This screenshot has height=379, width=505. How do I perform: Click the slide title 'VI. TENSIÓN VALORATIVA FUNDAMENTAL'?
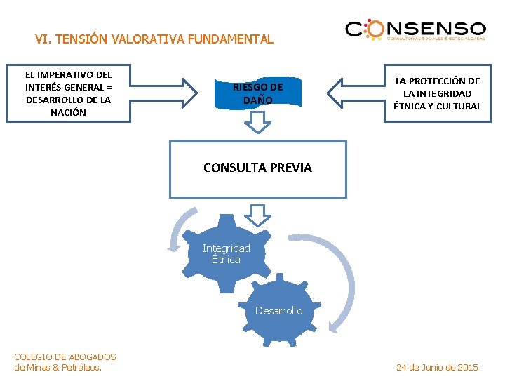coord(154,39)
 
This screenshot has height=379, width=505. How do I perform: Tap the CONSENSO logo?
coord(415,30)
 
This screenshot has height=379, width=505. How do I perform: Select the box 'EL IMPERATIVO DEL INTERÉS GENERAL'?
coord(68,93)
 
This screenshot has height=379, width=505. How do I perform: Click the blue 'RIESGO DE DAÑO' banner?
coord(258,93)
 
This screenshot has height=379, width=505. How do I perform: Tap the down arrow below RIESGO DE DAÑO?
coord(258,124)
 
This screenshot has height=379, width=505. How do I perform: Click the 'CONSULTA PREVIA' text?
coord(257,168)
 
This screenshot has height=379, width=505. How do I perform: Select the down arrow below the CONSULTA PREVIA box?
coord(258,214)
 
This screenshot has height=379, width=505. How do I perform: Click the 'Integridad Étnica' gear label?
coord(226,253)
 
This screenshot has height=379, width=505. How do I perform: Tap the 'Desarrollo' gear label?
coord(278,310)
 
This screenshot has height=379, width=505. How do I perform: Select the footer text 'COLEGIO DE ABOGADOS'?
coord(65,357)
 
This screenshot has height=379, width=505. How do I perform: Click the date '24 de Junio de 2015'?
coord(437,367)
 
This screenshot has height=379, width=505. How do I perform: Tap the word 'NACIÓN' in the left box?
coord(68,112)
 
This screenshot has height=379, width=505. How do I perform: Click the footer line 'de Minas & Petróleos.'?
coord(58,367)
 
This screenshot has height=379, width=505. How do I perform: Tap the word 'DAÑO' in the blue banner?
coord(258,100)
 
